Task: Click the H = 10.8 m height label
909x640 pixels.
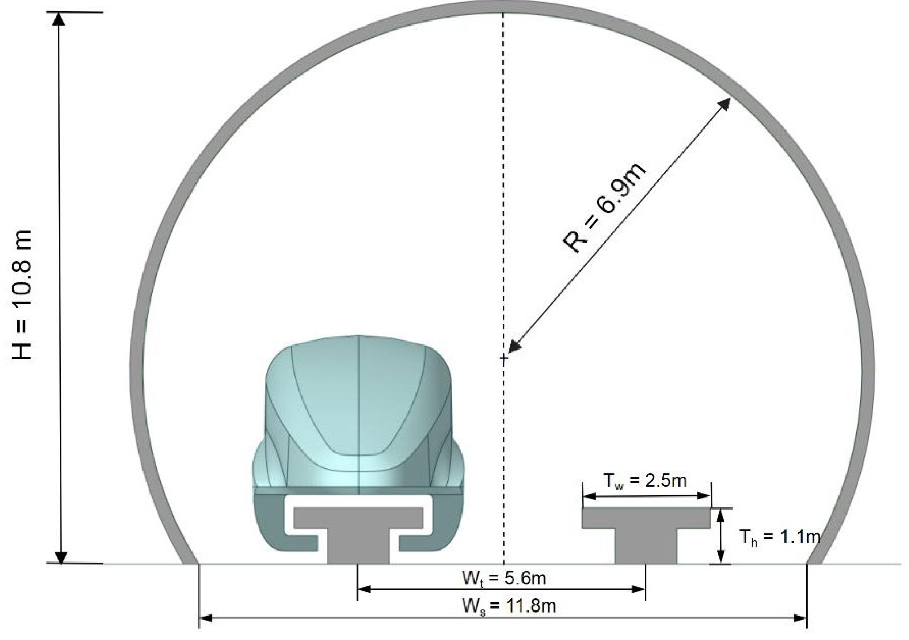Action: pos(22,294)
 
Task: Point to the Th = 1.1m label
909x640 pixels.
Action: pos(779,537)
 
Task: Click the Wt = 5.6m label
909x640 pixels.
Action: pos(504,578)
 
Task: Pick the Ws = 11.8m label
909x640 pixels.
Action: pos(509,606)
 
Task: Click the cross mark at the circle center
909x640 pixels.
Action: pos(503,358)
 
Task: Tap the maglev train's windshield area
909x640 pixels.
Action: pos(358,396)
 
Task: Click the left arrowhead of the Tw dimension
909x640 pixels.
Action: pos(589,496)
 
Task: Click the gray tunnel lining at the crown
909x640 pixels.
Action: pos(503,7)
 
